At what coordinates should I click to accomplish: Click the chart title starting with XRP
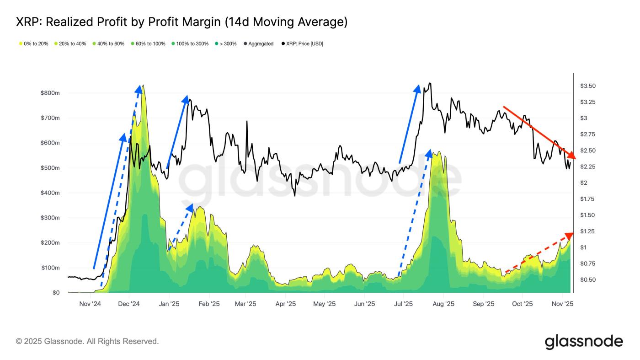(181, 22)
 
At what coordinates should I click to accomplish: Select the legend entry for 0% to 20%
(33, 44)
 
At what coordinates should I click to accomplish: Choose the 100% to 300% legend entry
(190, 44)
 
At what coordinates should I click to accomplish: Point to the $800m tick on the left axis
(50, 93)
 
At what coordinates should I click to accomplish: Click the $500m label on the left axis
(50, 168)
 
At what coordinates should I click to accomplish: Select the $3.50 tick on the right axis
(587, 86)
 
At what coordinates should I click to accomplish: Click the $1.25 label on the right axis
(587, 231)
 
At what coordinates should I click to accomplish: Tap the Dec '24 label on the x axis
(129, 304)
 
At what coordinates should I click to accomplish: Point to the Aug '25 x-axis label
(443, 304)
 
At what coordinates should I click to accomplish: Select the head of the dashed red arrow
(570, 236)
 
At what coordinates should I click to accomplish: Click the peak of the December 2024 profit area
(144, 86)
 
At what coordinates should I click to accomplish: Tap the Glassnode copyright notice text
(87, 341)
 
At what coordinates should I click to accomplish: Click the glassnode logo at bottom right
(584, 342)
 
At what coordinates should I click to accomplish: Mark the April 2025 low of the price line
(294, 196)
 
